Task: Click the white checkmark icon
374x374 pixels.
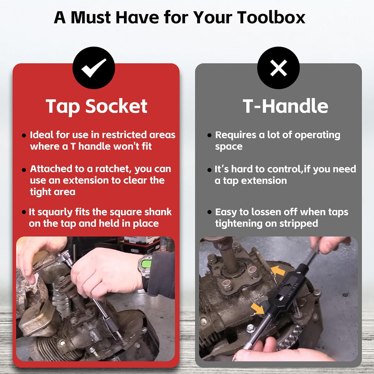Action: (x=93, y=68)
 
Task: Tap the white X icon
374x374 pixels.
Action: (x=278, y=68)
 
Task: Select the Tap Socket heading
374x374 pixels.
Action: (x=96, y=106)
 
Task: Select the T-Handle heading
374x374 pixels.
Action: (x=285, y=106)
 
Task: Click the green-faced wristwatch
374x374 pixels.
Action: (x=145, y=265)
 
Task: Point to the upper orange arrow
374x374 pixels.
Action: (x=278, y=271)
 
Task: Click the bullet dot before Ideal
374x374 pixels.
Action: (x=23, y=136)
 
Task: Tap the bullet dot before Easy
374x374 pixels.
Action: (x=209, y=212)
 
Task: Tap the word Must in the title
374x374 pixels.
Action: (x=91, y=17)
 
